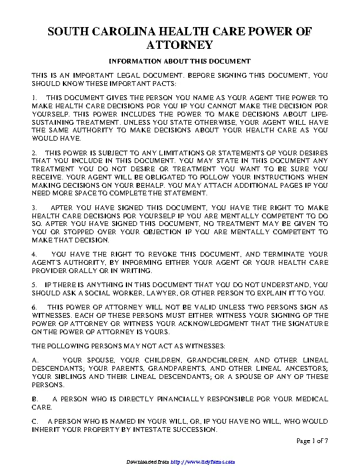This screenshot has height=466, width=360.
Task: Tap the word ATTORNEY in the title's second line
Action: [179, 45]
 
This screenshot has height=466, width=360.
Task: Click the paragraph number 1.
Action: [35, 95]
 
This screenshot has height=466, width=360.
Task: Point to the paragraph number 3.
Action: [35, 208]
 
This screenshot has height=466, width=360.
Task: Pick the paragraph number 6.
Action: [35, 307]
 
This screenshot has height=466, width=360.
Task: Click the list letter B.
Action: [35, 399]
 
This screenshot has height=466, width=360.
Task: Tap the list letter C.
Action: [35, 421]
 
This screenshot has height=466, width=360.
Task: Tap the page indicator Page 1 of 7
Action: [312, 441]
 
